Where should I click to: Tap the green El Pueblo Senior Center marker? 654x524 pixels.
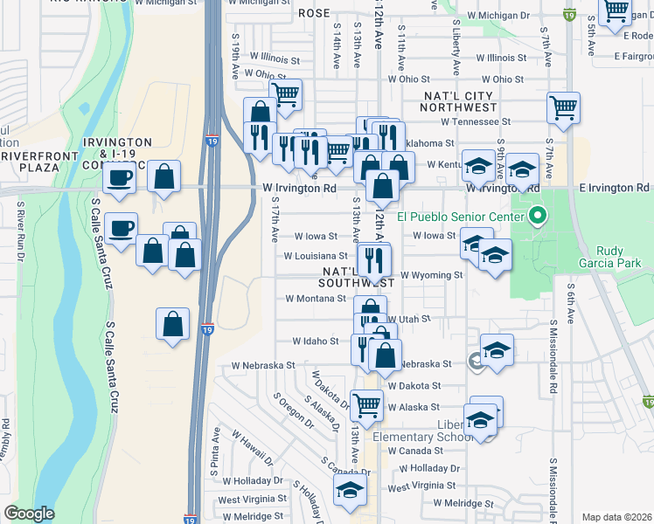pos(539,216)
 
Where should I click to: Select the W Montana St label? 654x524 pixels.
pos(316,298)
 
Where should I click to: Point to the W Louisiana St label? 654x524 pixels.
pos(316,256)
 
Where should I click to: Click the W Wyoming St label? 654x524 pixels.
pos(431,275)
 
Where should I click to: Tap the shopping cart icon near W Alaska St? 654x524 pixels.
pos(367,404)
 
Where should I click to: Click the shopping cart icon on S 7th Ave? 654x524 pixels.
pos(564,108)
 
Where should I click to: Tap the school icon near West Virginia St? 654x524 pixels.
pos(350,490)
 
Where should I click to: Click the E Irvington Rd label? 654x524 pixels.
pos(618,188)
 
